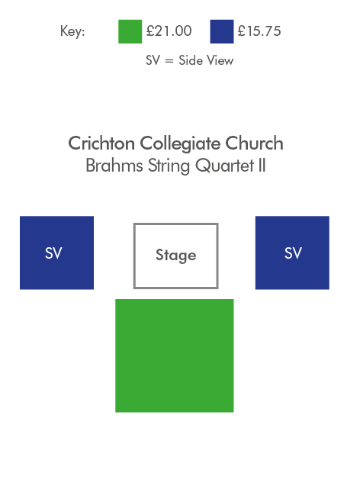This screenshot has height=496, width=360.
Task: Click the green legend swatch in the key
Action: point(130,31)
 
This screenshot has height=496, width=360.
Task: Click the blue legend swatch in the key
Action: point(222,31)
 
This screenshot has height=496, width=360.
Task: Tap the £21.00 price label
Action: point(169,31)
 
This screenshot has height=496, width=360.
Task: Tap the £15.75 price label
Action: point(259,31)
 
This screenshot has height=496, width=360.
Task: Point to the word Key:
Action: point(72,31)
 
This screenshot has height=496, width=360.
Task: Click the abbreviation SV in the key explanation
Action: point(153,60)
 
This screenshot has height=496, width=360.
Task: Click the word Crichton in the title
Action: point(101,143)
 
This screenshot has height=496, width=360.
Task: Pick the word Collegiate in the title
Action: point(180,144)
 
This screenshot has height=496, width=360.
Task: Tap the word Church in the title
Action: point(254,143)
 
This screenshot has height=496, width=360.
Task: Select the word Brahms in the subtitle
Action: point(114,166)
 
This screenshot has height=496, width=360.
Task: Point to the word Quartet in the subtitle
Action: point(225,166)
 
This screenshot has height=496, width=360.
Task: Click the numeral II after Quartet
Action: point(262,166)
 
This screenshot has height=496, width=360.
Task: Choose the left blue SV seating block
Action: point(56,253)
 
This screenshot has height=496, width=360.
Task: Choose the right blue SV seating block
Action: point(292,253)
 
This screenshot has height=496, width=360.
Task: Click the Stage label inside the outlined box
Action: point(176,256)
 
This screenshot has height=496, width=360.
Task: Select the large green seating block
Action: point(175,356)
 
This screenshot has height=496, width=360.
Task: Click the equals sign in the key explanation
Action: point(169,61)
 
